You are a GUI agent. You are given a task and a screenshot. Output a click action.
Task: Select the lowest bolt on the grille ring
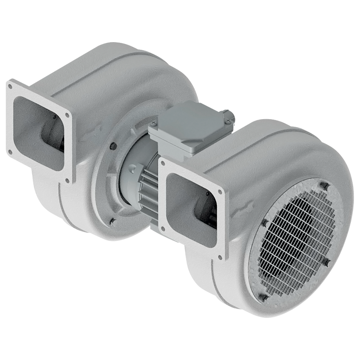click(264, 298)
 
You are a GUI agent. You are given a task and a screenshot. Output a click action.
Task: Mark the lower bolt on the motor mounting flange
click(113, 221)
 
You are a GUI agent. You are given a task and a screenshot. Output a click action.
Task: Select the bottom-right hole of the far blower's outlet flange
click(68, 181)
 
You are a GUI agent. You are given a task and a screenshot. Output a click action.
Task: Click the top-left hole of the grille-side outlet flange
click(163, 163)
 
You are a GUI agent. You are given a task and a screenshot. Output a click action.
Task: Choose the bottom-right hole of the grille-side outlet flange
click(220, 257)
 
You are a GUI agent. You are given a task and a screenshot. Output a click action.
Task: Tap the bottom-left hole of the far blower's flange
click(10, 152)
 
